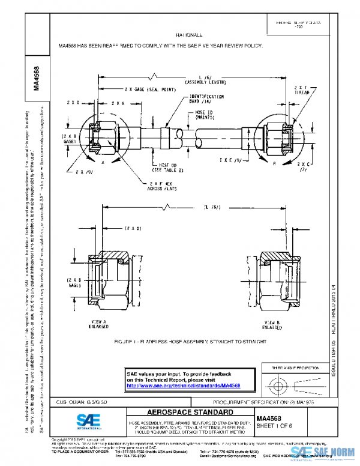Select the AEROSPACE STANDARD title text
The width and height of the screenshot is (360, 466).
pos(182,413)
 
